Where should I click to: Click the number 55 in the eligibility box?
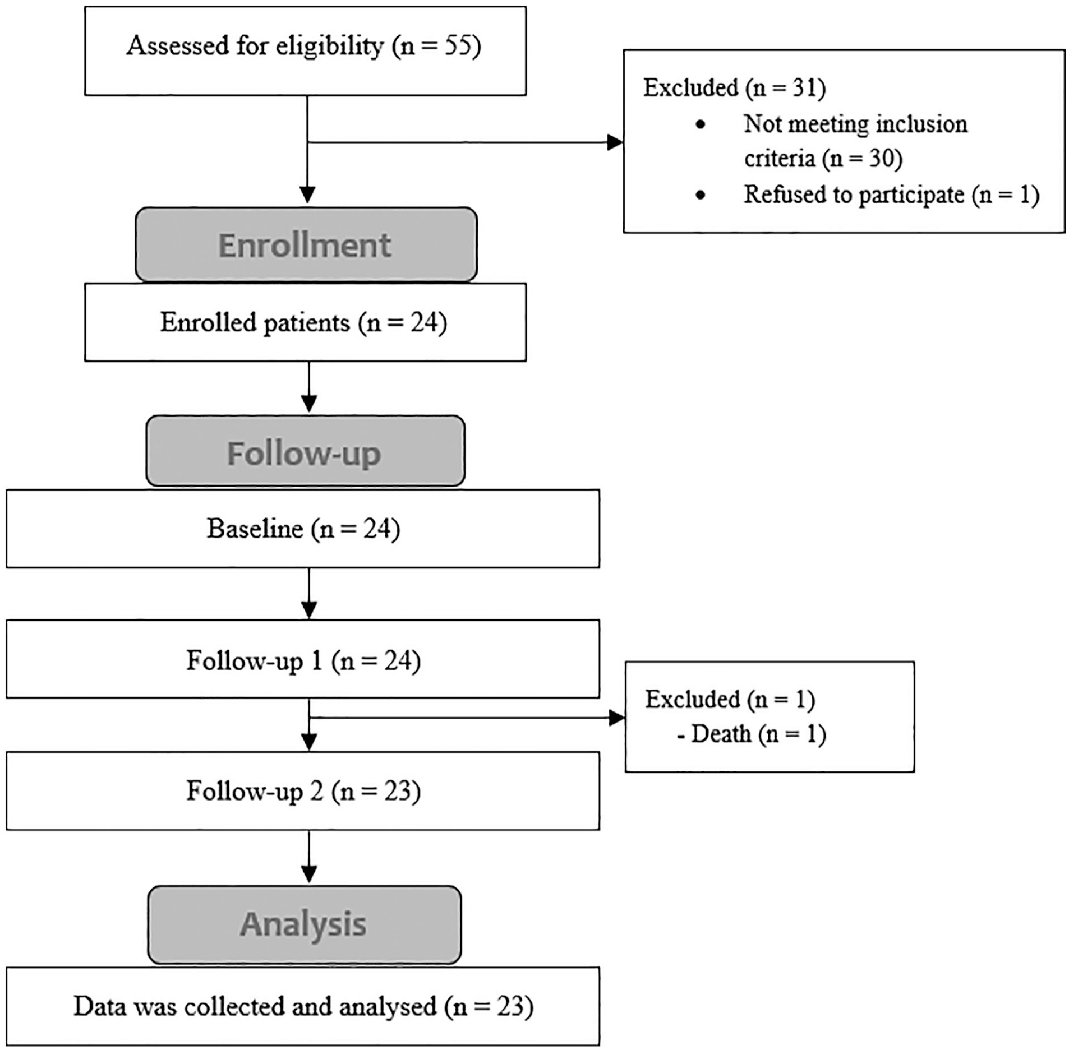[x=458, y=45]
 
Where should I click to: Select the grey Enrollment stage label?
[x=306, y=244]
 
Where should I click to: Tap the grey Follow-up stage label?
[x=306, y=451]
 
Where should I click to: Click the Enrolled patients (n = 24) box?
[x=306, y=322]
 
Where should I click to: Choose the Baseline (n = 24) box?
[x=303, y=529]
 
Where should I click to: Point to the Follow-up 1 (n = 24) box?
[x=303, y=659]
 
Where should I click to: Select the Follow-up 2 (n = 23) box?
[x=303, y=791]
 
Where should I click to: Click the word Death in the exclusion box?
[x=721, y=734]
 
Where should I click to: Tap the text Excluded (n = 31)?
[x=734, y=88]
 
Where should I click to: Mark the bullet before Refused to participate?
[x=700, y=195]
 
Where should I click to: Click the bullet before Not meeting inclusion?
[x=700, y=124]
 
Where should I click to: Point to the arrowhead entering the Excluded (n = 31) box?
[x=616, y=142]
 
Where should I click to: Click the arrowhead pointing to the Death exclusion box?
[x=618, y=718]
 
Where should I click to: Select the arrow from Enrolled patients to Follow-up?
[x=309, y=387]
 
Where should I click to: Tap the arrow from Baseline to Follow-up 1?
[x=309, y=594]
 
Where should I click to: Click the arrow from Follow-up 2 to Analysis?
[x=309, y=857]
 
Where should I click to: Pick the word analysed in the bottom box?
[x=388, y=1007]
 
